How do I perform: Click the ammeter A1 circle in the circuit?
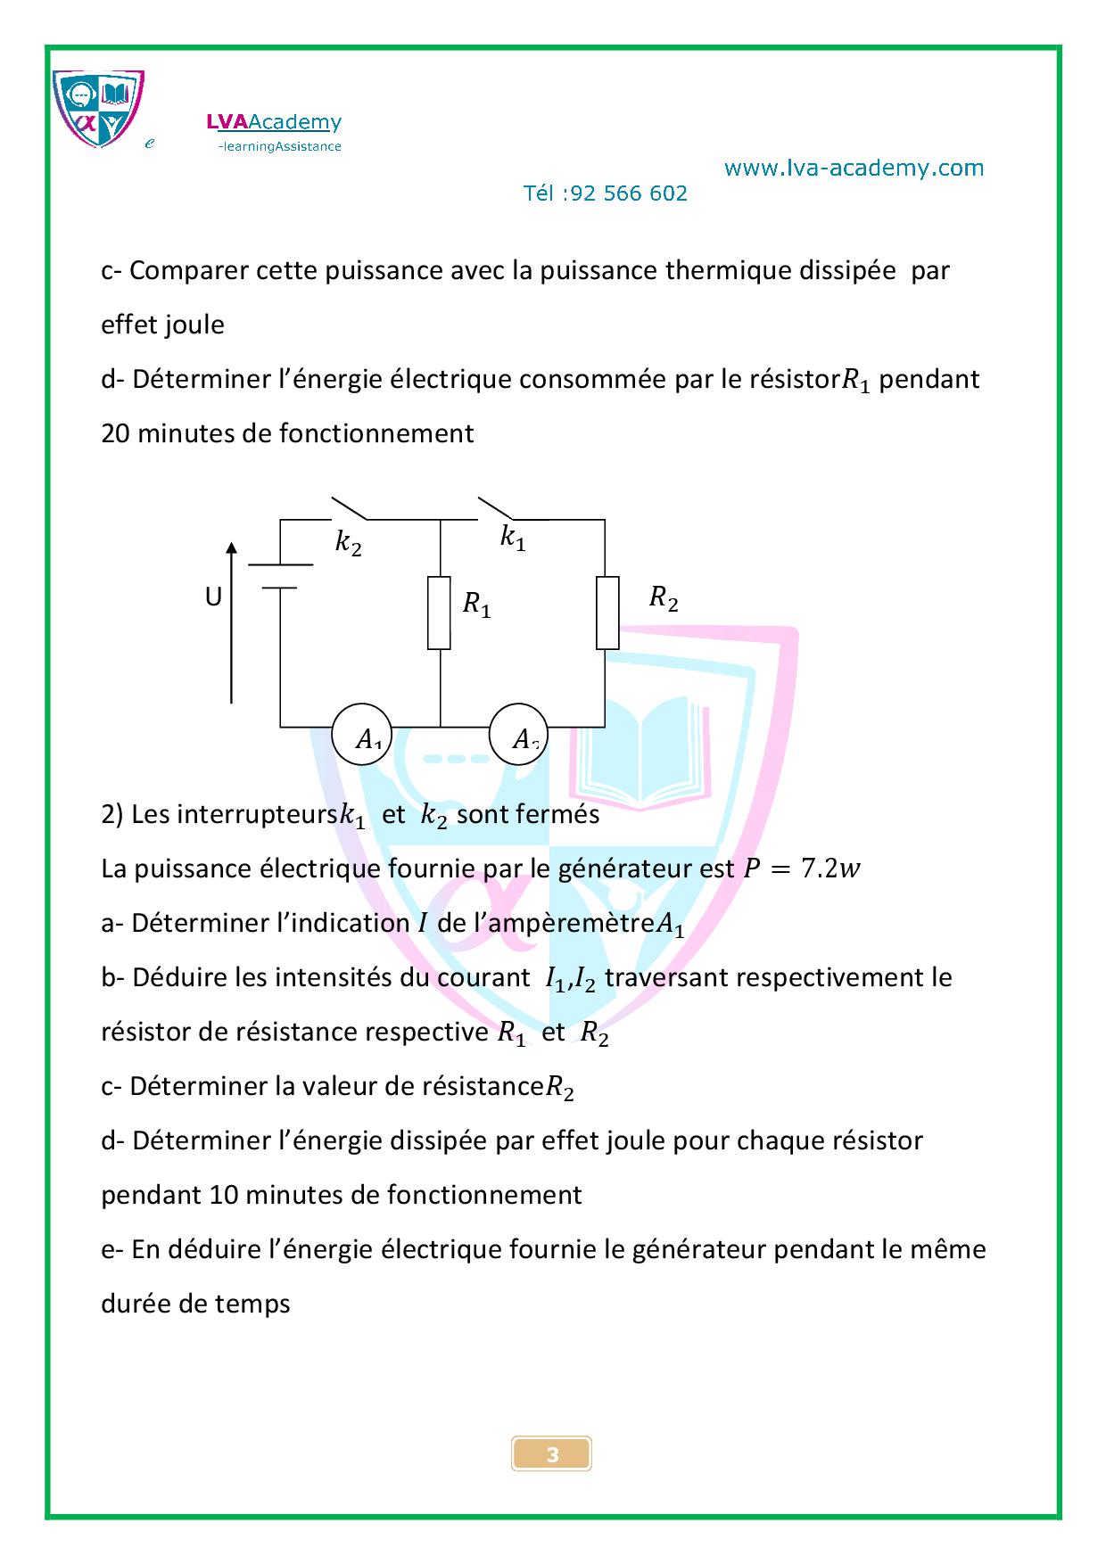[x=361, y=737]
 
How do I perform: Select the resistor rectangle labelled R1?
[x=440, y=613]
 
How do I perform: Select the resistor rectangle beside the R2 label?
[x=607, y=613]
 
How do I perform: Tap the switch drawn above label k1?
[x=496, y=508]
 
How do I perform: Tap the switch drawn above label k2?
[x=350, y=508]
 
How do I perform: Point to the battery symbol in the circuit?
[x=280, y=576]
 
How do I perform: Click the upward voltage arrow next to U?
[x=232, y=622]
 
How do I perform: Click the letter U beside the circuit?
[x=213, y=597]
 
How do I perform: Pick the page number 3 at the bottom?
[x=552, y=1455]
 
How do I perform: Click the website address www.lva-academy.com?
[x=854, y=168]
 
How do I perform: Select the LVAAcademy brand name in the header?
[x=274, y=122]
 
